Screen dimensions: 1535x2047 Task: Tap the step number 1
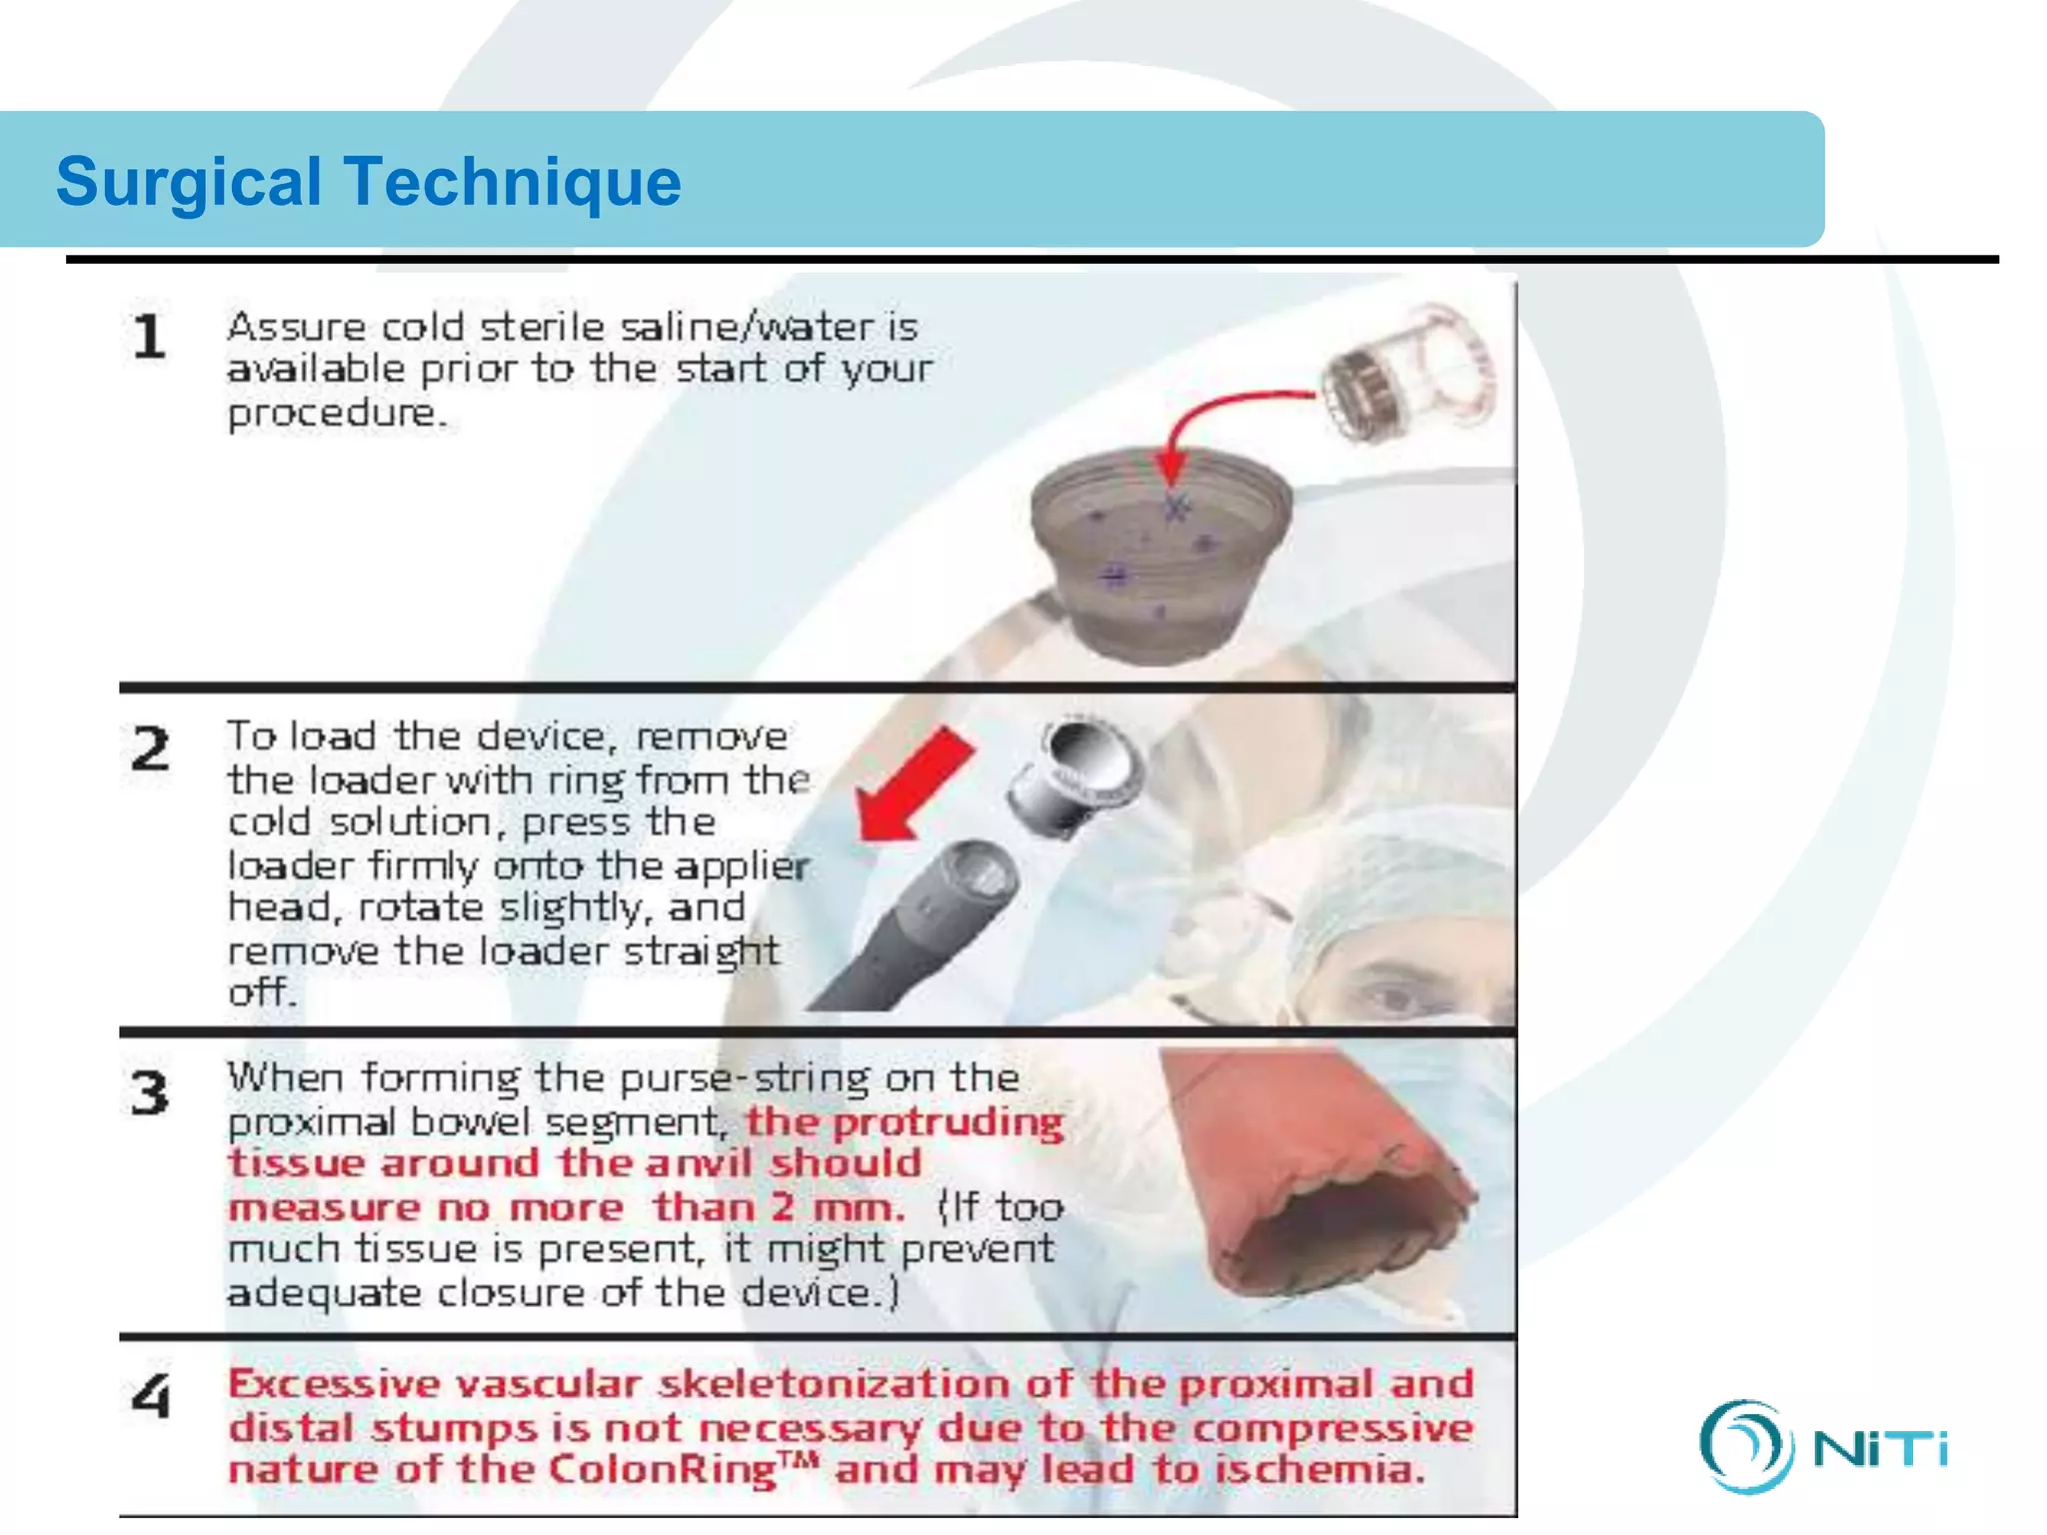coord(149,337)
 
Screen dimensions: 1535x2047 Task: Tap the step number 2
coord(151,750)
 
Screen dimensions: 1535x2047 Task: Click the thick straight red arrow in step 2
coord(915,784)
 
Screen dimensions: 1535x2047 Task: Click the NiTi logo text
coord(1879,1449)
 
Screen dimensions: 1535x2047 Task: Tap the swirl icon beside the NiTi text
coord(1744,1446)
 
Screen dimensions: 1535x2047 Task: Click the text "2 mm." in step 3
coord(838,1207)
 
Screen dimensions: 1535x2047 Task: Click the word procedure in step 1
coord(335,413)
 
